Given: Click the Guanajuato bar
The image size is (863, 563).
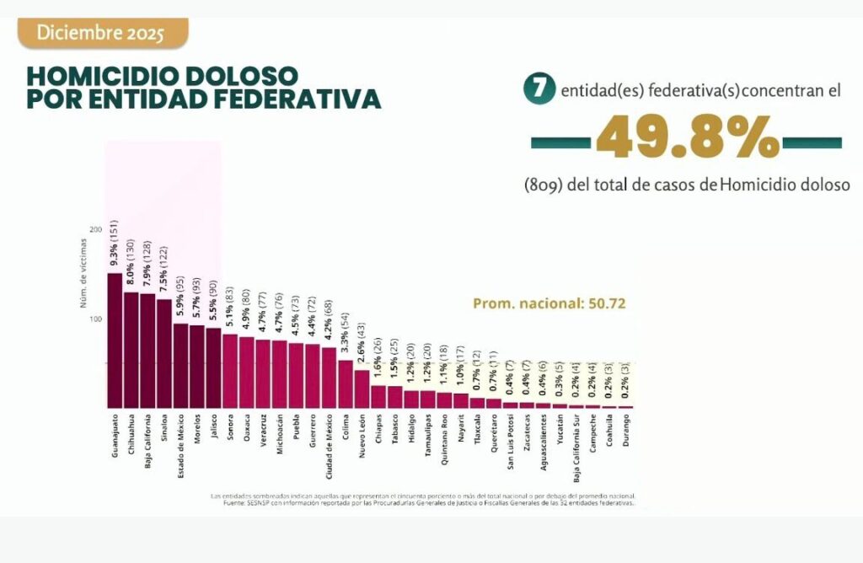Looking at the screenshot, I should pos(115,340).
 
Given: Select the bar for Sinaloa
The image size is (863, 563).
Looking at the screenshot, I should pos(164,354).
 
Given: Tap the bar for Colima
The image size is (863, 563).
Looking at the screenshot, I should pos(346,384).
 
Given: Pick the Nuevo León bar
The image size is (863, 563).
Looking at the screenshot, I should pos(362,389).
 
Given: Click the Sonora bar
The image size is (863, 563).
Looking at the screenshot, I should pos(230,371).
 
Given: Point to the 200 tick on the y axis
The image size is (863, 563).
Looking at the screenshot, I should pos(94,229).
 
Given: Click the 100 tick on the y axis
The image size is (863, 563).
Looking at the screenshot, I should pos(94,319).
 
